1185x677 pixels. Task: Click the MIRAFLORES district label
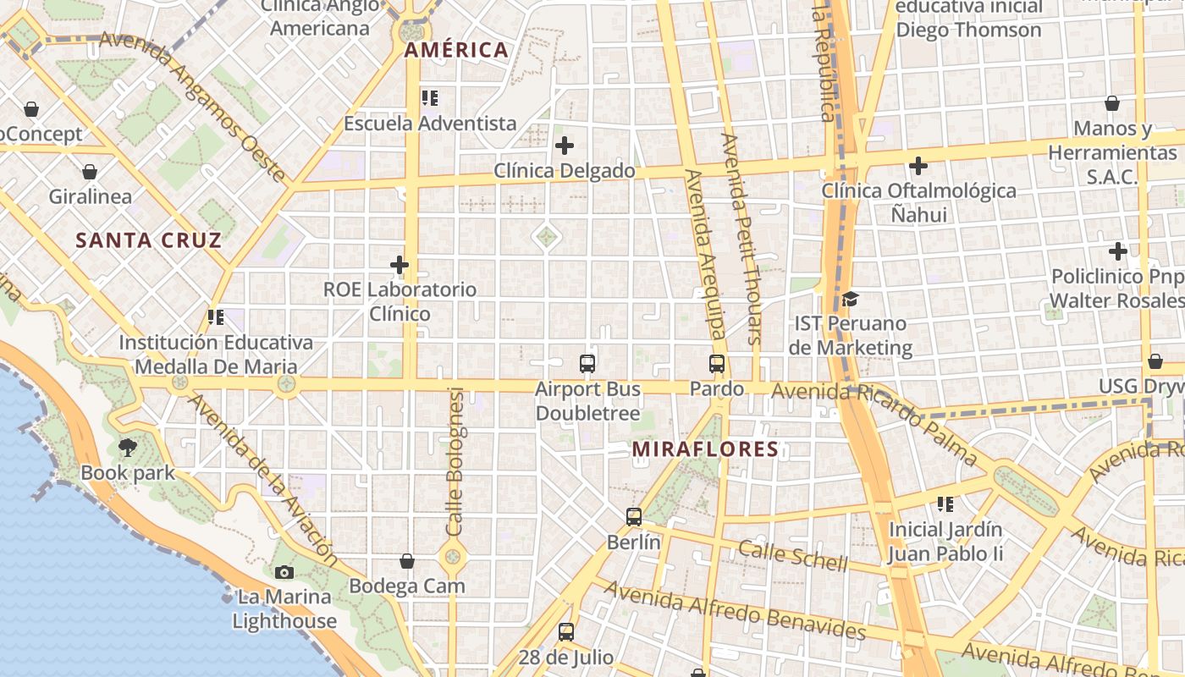pyautogui.click(x=705, y=449)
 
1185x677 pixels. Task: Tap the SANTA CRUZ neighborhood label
pyautogui.click(x=148, y=240)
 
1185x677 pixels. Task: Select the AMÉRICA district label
pyautogui.click(x=456, y=50)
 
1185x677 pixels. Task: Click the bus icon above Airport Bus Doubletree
pyautogui.click(x=587, y=364)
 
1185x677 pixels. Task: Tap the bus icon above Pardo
pyautogui.click(x=717, y=364)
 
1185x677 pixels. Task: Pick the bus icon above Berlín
pyautogui.click(x=634, y=516)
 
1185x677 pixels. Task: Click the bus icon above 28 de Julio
pyautogui.click(x=566, y=631)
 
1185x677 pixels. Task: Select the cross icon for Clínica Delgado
pyautogui.click(x=565, y=146)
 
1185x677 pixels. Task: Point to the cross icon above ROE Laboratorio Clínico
pyautogui.click(x=400, y=265)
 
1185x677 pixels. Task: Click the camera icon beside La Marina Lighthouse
pyautogui.click(x=284, y=572)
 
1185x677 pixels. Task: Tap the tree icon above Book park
pyautogui.click(x=128, y=447)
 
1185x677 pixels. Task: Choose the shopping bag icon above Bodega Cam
pyautogui.click(x=407, y=561)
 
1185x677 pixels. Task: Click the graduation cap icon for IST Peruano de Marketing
pyautogui.click(x=850, y=299)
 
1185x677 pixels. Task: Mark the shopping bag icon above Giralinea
pyautogui.click(x=90, y=173)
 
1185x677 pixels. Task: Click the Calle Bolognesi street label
pyautogui.click(x=455, y=461)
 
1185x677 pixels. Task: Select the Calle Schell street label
pyautogui.click(x=792, y=556)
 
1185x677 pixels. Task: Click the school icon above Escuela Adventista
pyautogui.click(x=429, y=98)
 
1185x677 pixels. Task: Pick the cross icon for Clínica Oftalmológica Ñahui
pyautogui.click(x=918, y=166)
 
